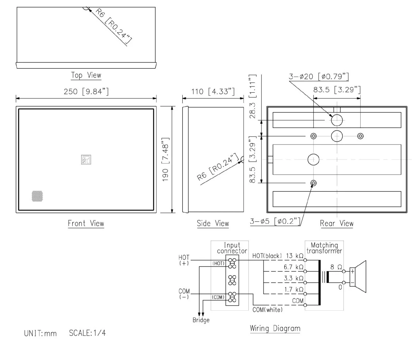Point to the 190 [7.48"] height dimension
165,160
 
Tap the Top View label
86,76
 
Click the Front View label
86,223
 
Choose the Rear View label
336,223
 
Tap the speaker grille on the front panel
37,196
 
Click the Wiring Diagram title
275,328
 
